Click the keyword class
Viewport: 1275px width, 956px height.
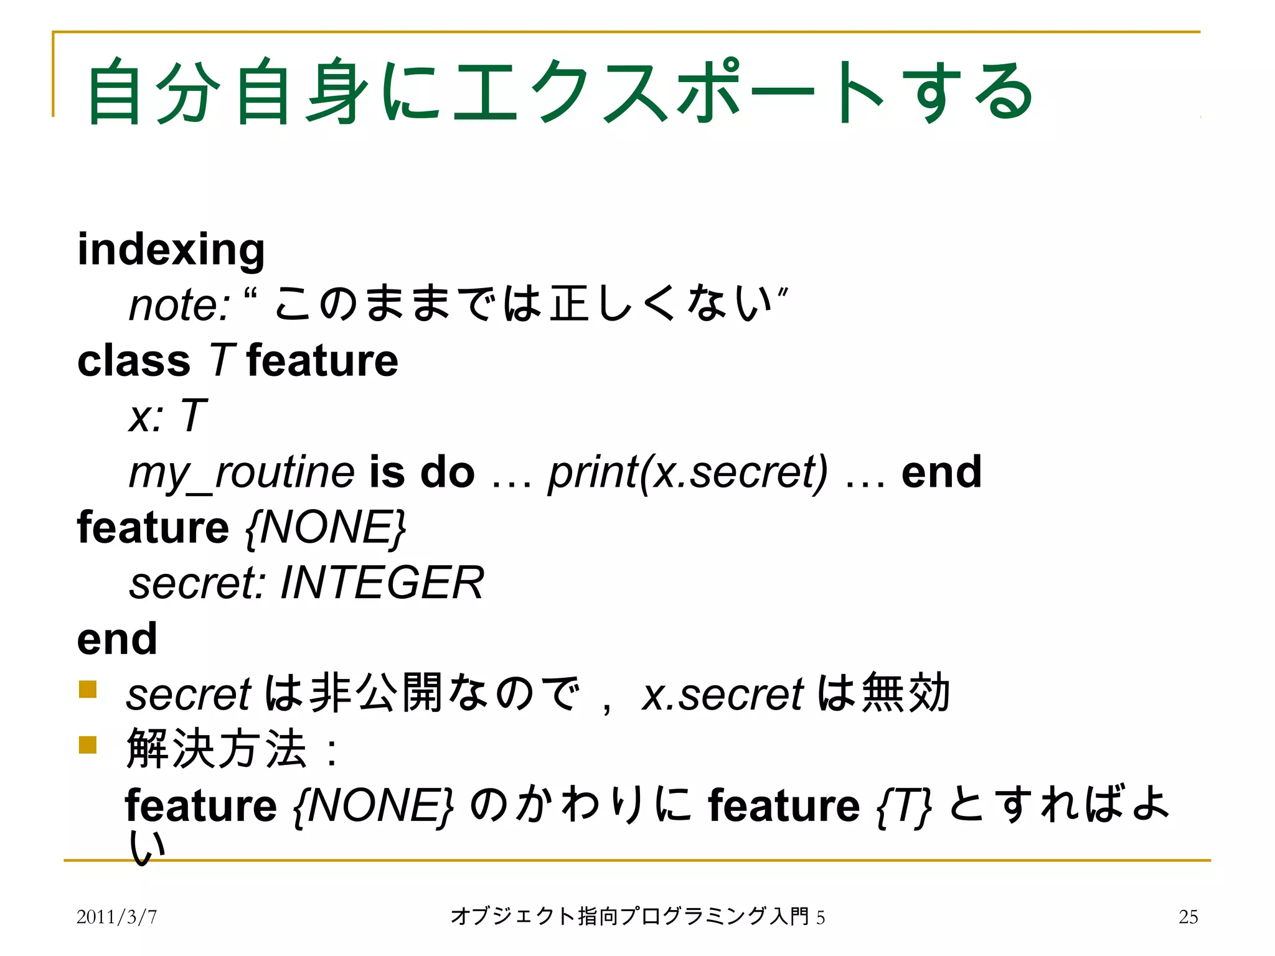click(134, 361)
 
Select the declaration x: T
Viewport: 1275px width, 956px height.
click(167, 416)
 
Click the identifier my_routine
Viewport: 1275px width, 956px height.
click(242, 472)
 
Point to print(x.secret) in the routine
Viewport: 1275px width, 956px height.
click(688, 472)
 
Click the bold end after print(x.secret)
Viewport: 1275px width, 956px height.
click(941, 472)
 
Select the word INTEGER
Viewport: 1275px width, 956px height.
click(382, 583)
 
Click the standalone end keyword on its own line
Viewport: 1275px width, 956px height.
click(117, 639)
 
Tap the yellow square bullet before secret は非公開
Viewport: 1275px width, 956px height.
click(88, 690)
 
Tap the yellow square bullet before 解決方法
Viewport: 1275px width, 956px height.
click(88, 744)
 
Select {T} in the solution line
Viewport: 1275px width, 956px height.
click(904, 806)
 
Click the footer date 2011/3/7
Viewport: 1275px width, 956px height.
click(116, 917)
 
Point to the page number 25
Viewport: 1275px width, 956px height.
click(1188, 917)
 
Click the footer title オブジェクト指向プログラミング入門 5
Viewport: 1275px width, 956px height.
click(637, 917)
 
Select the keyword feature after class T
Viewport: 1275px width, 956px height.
click(322, 361)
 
